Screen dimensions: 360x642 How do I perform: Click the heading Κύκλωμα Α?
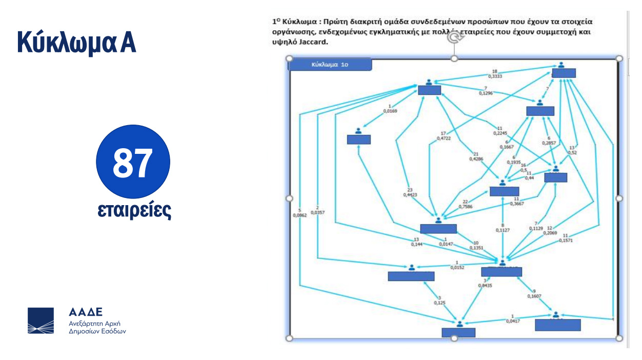(x=76, y=42)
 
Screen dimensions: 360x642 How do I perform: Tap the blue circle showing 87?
(x=133, y=162)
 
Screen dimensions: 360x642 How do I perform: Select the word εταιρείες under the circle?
(x=134, y=211)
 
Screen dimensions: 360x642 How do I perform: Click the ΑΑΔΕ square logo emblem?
(x=41, y=321)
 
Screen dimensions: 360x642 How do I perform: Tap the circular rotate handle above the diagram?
(x=453, y=37)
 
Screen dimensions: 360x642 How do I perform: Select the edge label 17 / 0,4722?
(x=444, y=136)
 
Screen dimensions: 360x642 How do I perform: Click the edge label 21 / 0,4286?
(x=476, y=156)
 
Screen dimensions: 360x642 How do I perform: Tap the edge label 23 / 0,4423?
(x=411, y=192)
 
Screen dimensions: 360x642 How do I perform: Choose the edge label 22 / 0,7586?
(x=466, y=205)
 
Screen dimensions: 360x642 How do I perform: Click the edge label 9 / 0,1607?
(x=534, y=293)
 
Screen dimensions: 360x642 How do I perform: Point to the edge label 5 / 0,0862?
(x=299, y=213)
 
